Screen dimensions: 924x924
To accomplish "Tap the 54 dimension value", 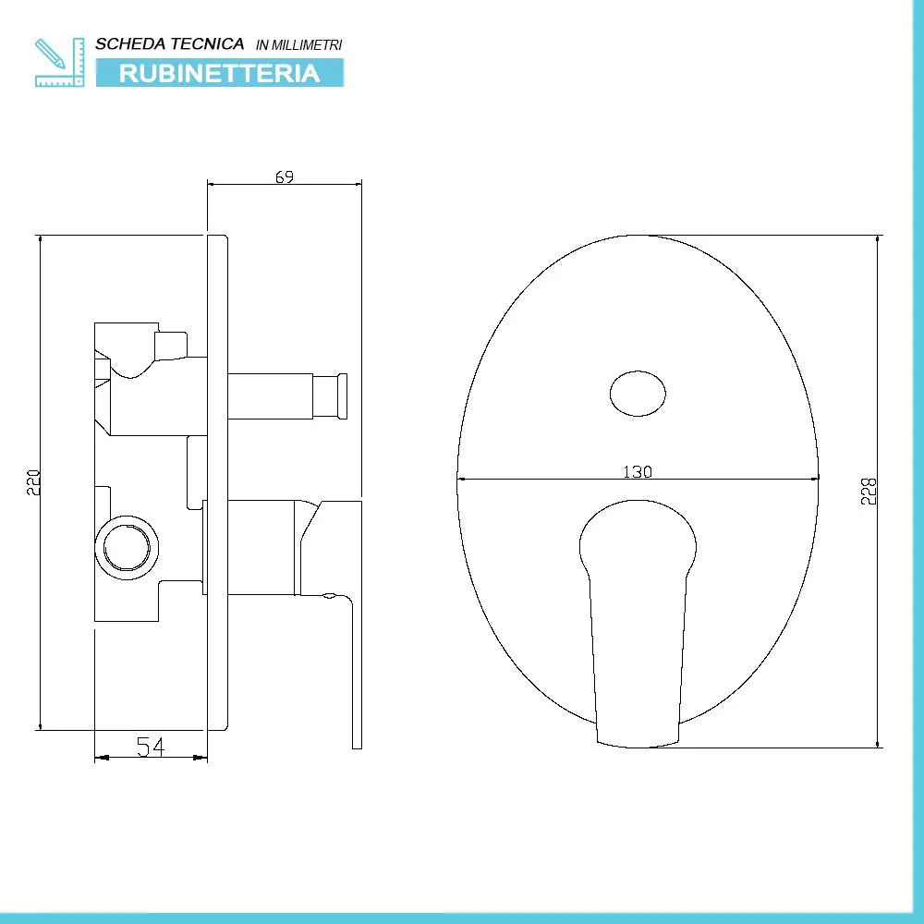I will click(x=151, y=747).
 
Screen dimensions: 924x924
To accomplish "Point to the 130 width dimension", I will click(x=638, y=471).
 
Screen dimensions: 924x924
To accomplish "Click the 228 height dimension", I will click(x=869, y=491).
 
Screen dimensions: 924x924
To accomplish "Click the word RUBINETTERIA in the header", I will click(x=220, y=73).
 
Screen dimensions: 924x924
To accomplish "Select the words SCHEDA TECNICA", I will click(x=170, y=43).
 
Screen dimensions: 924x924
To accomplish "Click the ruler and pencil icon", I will click(x=59, y=62).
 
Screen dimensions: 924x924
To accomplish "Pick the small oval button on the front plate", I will click(x=638, y=395).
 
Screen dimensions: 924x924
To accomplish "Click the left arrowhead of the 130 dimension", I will click(x=462, y=479).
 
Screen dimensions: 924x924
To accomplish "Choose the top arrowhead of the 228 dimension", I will click(x=879, y=239).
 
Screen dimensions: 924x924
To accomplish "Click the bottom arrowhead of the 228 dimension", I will click(x=879, y=742).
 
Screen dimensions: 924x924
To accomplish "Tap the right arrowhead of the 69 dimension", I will click(x=357, y=185).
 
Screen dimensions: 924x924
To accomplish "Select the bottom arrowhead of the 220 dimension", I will click(x=41, y=724).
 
